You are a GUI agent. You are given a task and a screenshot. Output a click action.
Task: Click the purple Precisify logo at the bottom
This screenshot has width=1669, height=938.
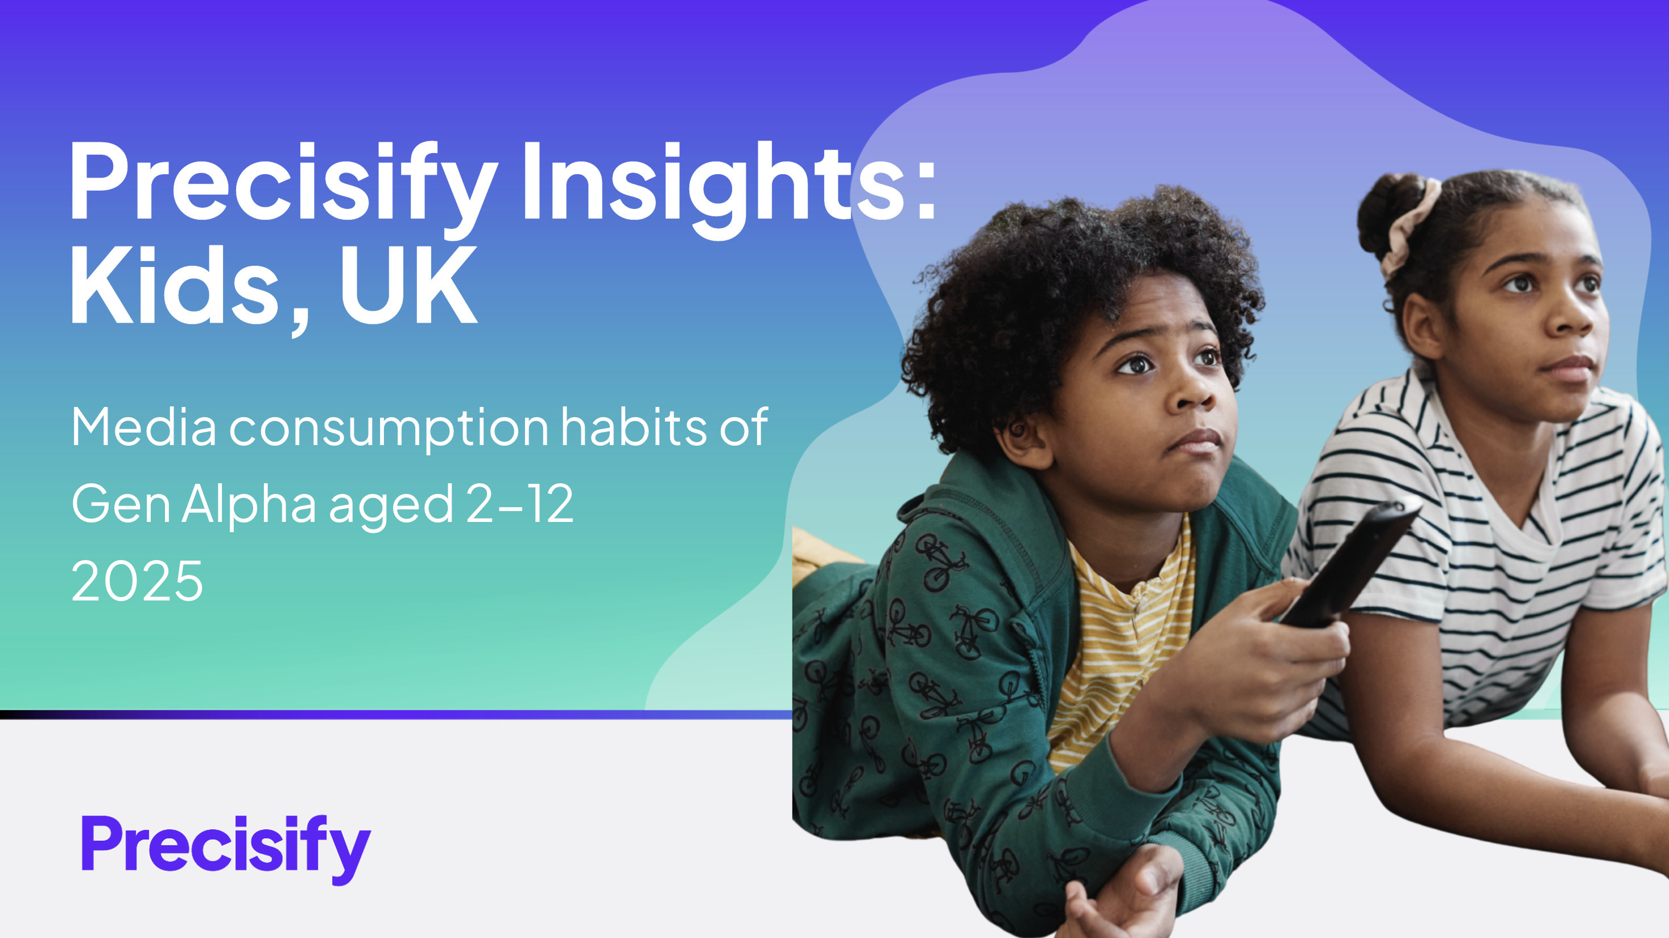click(x=225, y=849)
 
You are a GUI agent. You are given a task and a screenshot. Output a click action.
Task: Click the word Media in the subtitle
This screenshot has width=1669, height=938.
click(x=144, y=427)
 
